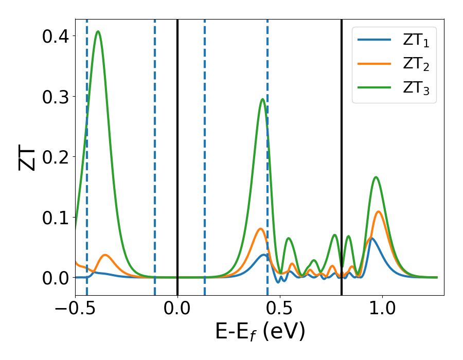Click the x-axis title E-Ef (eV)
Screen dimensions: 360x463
click(x=260, y=332)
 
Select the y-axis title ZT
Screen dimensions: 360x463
click(x=27, y=157)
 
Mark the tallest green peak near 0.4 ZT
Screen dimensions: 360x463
click(x=98, y=31)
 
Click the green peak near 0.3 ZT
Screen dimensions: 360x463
click(x=263, y=99)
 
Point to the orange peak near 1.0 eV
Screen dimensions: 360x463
click(x=379, y=211)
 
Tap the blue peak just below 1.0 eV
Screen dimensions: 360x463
click(x=371, y=238)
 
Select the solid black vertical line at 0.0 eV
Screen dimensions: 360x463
click(x=177, y=154)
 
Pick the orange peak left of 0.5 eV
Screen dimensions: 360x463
click(x=261, y=228)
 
